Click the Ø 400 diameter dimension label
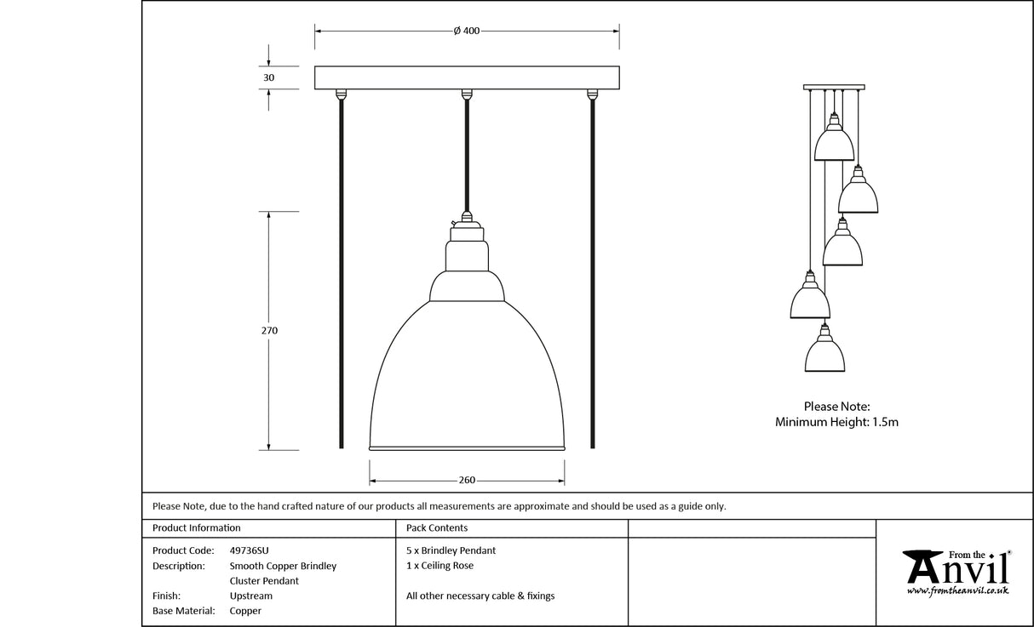click(466, 31)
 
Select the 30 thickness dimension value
click(269, 77)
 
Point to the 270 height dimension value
click(270, 330)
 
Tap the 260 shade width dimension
click(467, 480)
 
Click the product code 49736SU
click(250, 550)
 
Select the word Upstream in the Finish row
click(251, 596)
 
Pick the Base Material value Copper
click(245, 611)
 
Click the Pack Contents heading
click(437, 528)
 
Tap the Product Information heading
click(196, 528)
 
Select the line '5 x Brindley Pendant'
click(451, 550)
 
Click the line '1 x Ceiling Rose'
click(439, 566)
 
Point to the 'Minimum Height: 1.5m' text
click(836, 422)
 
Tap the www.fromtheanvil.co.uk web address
click(957, 590)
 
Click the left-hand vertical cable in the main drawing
click(342, 272)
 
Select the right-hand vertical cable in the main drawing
click(592, 272)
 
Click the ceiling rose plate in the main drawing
click(467, 77)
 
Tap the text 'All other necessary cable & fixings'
click(480, 596)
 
